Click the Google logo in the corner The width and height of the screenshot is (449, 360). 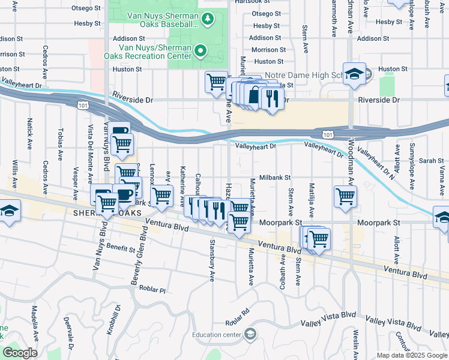pos(19,353)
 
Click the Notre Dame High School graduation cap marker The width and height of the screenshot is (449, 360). pos(354,73)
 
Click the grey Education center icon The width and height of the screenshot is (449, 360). pos(250,334)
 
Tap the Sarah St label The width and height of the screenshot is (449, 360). pos(431,161)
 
